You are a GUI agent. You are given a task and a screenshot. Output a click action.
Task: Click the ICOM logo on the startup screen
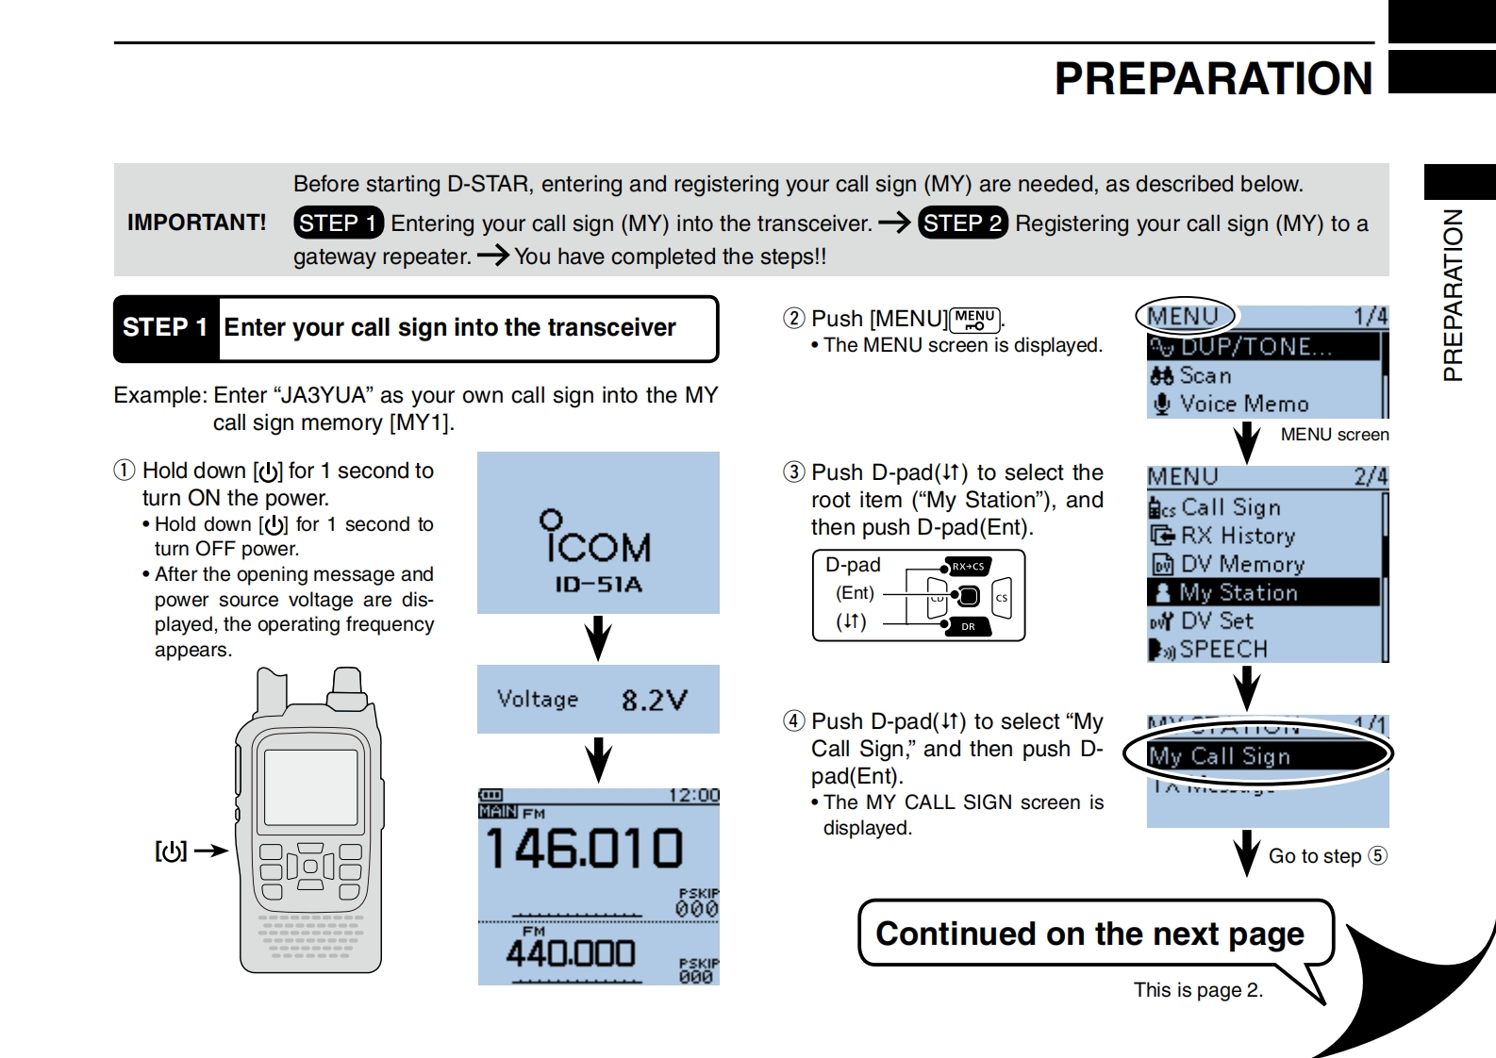point(597,538)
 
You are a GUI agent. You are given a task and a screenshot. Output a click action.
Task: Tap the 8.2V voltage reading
point(654,700)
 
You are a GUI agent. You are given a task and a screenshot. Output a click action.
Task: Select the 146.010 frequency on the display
point(584,848)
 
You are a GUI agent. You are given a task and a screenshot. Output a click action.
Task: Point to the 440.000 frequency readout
point(570,953)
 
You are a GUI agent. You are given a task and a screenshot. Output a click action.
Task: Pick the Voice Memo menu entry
point(1243,405)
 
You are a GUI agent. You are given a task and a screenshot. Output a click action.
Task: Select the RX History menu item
point(1238,536)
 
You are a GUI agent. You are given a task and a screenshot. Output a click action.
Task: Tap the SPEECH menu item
point(1222,650)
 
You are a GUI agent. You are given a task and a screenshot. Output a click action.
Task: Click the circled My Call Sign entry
point(1220,756)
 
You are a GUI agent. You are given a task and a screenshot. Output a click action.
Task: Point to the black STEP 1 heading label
point(165,328)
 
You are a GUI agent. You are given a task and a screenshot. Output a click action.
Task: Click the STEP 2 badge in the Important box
point(962,223)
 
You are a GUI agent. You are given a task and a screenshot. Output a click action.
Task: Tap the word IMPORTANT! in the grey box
point(196,223)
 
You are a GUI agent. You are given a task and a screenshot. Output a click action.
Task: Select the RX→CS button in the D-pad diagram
point(968,567)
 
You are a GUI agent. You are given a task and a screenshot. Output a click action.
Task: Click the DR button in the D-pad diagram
point(968,626)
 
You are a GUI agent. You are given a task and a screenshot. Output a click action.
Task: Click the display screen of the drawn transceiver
point(310,786)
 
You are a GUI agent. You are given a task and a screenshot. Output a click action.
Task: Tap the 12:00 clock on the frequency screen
point(693,796)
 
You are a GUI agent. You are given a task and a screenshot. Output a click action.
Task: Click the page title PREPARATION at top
point(1213,79)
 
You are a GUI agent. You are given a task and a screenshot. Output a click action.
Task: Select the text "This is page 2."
point(1198,990)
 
